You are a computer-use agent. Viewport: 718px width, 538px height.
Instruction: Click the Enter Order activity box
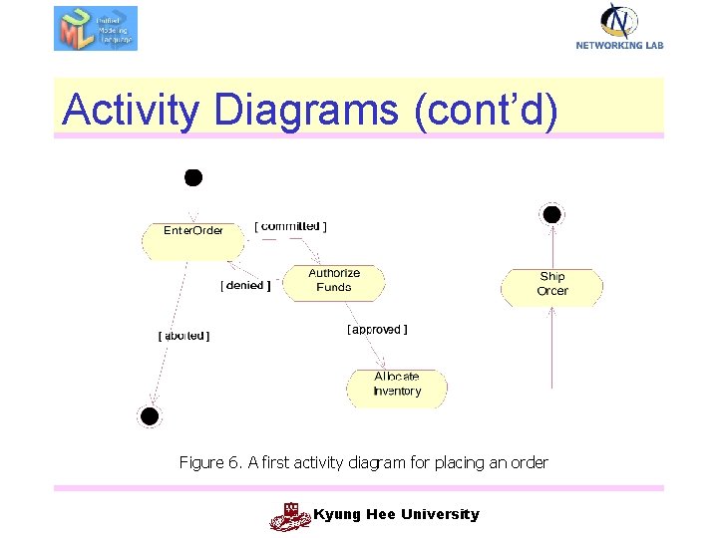pos(193,239)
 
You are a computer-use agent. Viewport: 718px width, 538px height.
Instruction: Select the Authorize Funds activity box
pos(334,281)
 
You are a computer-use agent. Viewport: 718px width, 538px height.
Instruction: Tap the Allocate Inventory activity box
pos(397,386)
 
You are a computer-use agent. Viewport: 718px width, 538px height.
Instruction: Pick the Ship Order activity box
pos(551,285)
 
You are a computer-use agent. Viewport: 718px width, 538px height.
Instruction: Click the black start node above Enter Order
pos(193,177)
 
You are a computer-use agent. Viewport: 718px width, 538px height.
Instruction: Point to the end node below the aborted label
pos(149,416)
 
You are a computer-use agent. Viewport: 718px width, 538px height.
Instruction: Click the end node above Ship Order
pos(550,214)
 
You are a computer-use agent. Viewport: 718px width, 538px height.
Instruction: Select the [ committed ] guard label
pos(290,226)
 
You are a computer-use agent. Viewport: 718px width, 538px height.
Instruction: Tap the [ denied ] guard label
pos(245,286)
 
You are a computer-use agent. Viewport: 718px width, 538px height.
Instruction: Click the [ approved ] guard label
pos(377,330)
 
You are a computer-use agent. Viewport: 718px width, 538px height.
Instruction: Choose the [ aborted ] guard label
pos(184,336)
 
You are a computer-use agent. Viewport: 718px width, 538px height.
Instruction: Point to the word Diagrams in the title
pos(304,110)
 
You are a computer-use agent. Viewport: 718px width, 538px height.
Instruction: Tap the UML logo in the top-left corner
pos(95,28)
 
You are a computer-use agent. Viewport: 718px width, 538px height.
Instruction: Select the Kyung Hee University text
pos(396,514)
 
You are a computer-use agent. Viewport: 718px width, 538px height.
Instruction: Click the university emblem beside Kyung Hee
pos(290,516)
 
